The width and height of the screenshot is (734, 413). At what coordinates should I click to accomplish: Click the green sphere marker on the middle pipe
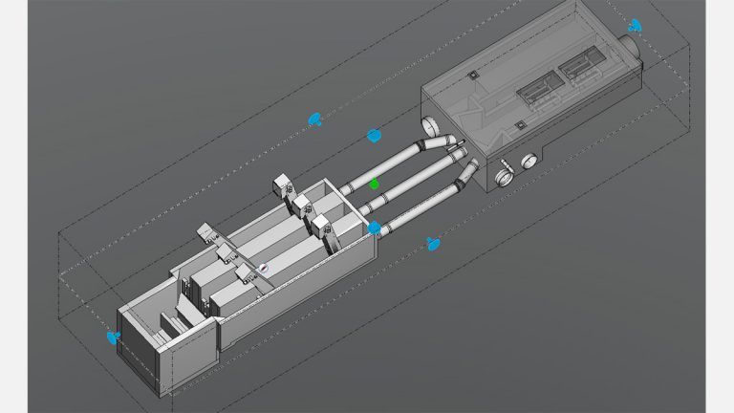(375, 183)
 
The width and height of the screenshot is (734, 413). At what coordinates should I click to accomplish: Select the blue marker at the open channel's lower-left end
(113, 337)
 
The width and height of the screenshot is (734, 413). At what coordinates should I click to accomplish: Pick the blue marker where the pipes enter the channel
(375, 228)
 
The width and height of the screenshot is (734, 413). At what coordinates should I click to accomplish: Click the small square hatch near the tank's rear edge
(471, 74)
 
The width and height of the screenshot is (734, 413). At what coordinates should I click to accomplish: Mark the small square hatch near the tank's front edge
(517, 124)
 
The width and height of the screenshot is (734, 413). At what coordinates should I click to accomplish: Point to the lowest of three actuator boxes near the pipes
(322, 224)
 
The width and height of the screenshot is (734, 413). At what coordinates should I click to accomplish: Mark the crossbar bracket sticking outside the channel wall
(206, 231)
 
